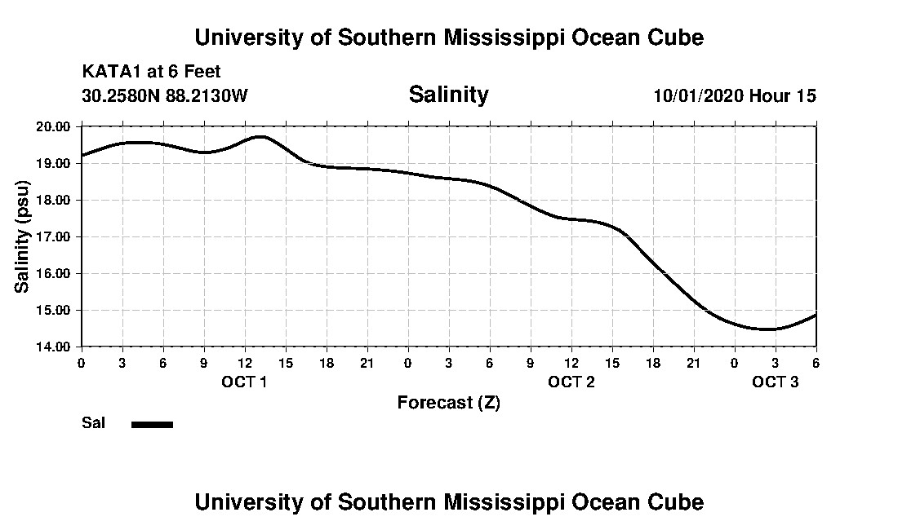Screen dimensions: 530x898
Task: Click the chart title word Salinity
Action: pyautogui.click(x=448, y=95)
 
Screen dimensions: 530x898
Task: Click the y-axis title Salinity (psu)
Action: pyautogui.click(x=22, y=236)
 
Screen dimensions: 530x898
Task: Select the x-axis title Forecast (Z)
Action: pyautogui.click(x=448, y=402)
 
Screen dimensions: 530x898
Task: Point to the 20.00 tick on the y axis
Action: pyautogui.click(x=54, y=126)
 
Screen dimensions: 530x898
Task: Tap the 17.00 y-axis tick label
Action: pyautogui.click(x=54, y=236)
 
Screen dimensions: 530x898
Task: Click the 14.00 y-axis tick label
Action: pyautogui.click(x=54, y=347)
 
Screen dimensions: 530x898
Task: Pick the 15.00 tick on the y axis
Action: pyautogui.click(x=54, y=310)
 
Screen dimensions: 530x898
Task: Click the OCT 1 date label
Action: pyautogui.click(x=244, y=382)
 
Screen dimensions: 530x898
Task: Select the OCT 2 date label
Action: pyautogui.click(x=571, y=382)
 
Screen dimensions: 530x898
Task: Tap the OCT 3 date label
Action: pyautogui.click(x=775, y=382)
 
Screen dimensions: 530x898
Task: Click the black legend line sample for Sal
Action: pyautogui.click(x=152, y=424)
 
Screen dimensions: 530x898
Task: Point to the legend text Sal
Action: pyautogui.click(x=92, y=423)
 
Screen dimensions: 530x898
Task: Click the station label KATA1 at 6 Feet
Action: pyautogui.click(x=151, y=73)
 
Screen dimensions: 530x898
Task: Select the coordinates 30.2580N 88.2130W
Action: pyautogui.click(x=165, y=95)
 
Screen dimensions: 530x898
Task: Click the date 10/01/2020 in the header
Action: pyautogui.click(x=697, y=95)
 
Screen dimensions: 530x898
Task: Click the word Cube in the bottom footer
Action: pyautogui.click(x=677, y=501)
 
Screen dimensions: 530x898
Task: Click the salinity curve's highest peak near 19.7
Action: pyautogui.click(x=260, y=136)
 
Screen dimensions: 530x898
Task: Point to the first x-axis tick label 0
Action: pyautogui.click(x=81, y=362)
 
